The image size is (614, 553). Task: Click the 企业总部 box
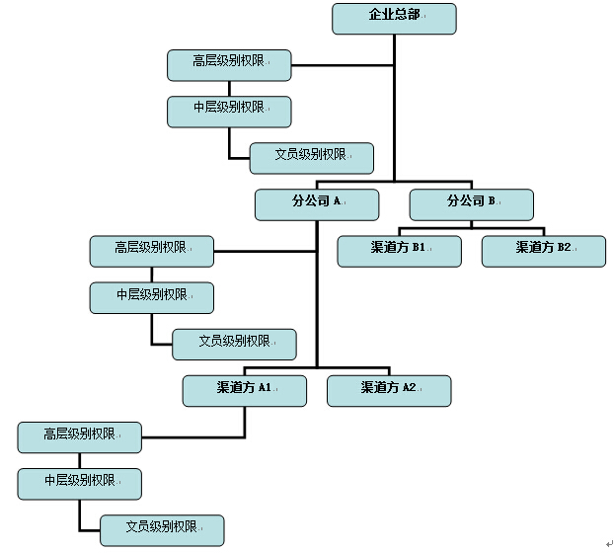click(394, 19)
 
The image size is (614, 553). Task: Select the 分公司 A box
click(317, 204)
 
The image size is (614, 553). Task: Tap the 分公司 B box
click(472, 204)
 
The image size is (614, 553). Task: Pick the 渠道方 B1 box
click(399, 251)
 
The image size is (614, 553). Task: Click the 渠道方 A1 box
click(245, 391)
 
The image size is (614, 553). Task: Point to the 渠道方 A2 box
click(389, 391)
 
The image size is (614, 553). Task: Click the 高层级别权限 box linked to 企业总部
click(229, 65)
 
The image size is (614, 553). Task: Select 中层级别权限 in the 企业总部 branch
click(229, 112)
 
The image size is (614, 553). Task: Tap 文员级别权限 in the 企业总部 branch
click(311, 158)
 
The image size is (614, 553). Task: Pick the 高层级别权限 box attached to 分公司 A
click(151, 251)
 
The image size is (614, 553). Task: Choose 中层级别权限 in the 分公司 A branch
click(151, 297)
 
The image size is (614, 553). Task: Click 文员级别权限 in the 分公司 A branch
click(234, 344)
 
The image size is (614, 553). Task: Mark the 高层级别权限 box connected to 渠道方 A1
click(79, 437)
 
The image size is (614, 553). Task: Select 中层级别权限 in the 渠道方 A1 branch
click(79, 484)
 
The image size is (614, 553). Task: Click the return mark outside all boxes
click(609, 543)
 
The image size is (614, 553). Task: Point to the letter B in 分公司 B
click(492, 200)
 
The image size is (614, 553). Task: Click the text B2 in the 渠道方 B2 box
click(564, 247)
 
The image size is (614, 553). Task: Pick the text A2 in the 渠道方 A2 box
click(409, 387)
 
